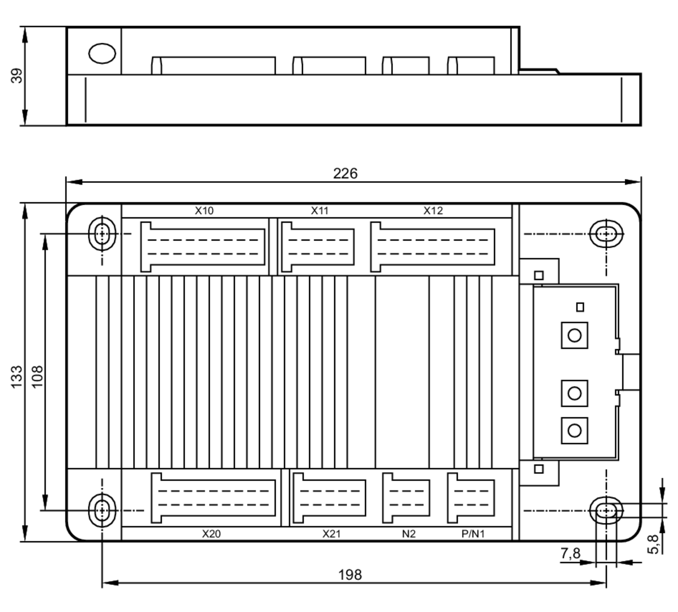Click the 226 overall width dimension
(x=345, y=174)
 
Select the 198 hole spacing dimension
(x=350, y=575)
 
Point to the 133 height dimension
(x=16, y=377)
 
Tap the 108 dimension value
(x=37, y=376)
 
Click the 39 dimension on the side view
(x=17, y=76)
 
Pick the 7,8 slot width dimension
(x=570, y=554)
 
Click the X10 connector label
(x=204, y=211)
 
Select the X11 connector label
(x=320, y=211)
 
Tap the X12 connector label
(x=433, y=211)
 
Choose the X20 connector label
(x=211, y=534)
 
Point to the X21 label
(x=331, y=534)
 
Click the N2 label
(x=408, y=534)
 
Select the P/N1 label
(x=473, y=534)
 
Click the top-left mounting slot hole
(x=102, y=234)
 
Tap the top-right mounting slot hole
(x=606, y=234)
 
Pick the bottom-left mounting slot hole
(x=102, y=510)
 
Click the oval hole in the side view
(x=102, y=54)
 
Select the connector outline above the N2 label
(x=406, y=498)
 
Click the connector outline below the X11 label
(x=318, y=247)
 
